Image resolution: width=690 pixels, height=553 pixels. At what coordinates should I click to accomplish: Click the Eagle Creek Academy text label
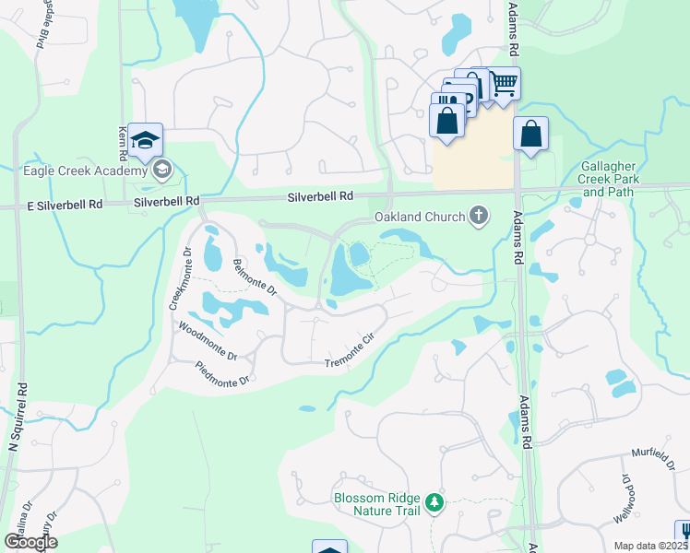[85, 171]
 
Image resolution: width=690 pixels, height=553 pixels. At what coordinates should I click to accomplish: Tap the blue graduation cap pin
[146, 140]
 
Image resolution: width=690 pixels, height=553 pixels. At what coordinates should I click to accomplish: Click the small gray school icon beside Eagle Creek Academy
[162, 169]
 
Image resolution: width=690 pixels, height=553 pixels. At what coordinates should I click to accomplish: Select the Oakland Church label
[417, 217]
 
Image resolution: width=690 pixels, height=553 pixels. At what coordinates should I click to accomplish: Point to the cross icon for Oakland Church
[478, 216]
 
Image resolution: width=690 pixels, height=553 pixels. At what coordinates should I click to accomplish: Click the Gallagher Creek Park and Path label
[606, 179]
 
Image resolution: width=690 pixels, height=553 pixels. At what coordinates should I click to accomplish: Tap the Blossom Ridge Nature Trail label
[375, 502]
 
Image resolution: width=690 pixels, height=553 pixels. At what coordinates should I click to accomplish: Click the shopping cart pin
[503, 84]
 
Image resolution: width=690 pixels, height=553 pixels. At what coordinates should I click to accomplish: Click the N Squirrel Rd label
[15, 470]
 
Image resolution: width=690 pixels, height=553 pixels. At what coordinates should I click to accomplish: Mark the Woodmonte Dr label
[208, 340]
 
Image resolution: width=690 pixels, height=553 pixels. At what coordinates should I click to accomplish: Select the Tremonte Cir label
[352, 351]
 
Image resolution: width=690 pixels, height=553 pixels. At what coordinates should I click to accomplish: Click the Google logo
[30, 541]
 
